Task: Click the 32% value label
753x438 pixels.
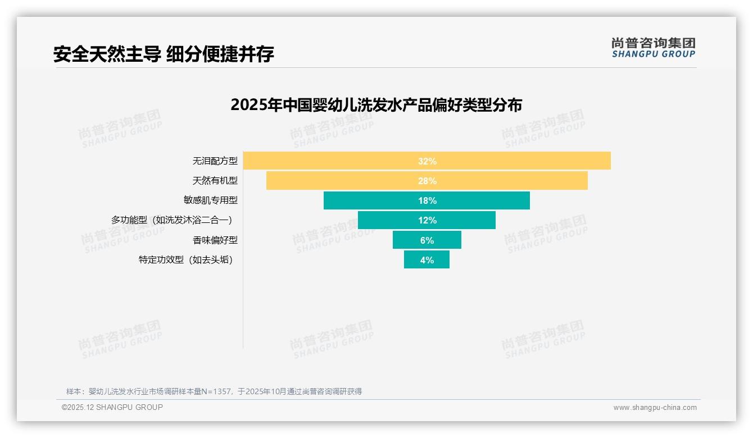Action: [427, 161]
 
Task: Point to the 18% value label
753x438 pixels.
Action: [427, 200]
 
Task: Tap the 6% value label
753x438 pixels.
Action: [427, 240]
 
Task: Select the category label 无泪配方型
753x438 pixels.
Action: [215, 161]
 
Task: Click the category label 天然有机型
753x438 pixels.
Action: [215, 181]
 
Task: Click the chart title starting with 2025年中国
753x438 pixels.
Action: [376, 105]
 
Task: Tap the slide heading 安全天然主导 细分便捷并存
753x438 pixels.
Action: [164, 54]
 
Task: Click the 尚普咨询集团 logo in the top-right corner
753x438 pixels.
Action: [653, 47]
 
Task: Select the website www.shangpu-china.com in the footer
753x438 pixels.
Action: [655, 408]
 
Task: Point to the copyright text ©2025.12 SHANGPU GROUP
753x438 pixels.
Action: [112, 407]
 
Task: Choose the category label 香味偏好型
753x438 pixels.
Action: [215, 240]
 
